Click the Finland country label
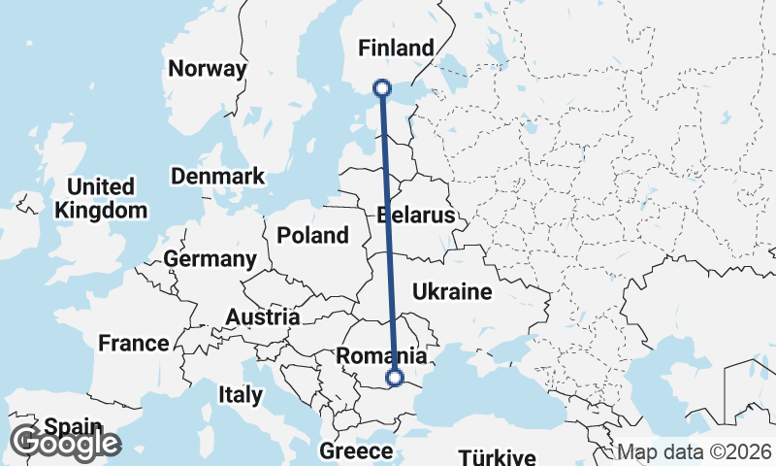(396, 48)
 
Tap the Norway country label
(208, 69)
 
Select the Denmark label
(218, 176)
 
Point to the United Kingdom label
(101, 198)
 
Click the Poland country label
(312, 235)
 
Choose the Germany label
(210, 259)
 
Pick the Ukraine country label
(452, 290)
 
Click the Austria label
(262, 317)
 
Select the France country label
(134, 343)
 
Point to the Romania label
(381, 356)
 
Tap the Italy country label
(240, 395)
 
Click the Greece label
(356, 451)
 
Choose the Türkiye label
(497, 457)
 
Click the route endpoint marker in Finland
(382, 88)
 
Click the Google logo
(65, 444)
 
